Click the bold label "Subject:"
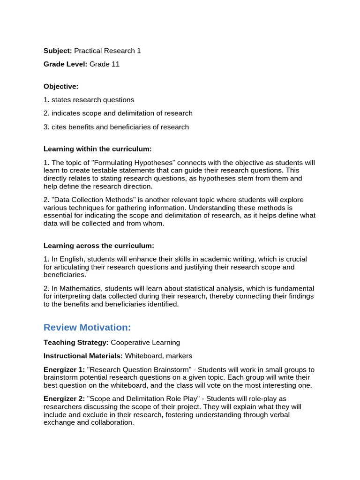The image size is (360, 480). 58,51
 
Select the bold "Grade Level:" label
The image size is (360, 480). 66,64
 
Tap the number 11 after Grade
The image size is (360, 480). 115,64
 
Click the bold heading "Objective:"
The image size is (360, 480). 61,86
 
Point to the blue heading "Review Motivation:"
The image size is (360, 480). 87,327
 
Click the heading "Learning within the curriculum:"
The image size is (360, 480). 97,149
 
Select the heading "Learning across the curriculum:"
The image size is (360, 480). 98,246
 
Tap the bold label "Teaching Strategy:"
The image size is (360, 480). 76,343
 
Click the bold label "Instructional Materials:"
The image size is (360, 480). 83,356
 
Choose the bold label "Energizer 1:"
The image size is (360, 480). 64,369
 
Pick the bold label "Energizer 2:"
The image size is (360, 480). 64,398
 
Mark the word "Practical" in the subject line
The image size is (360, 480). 88,51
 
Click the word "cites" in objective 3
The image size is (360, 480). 60,127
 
